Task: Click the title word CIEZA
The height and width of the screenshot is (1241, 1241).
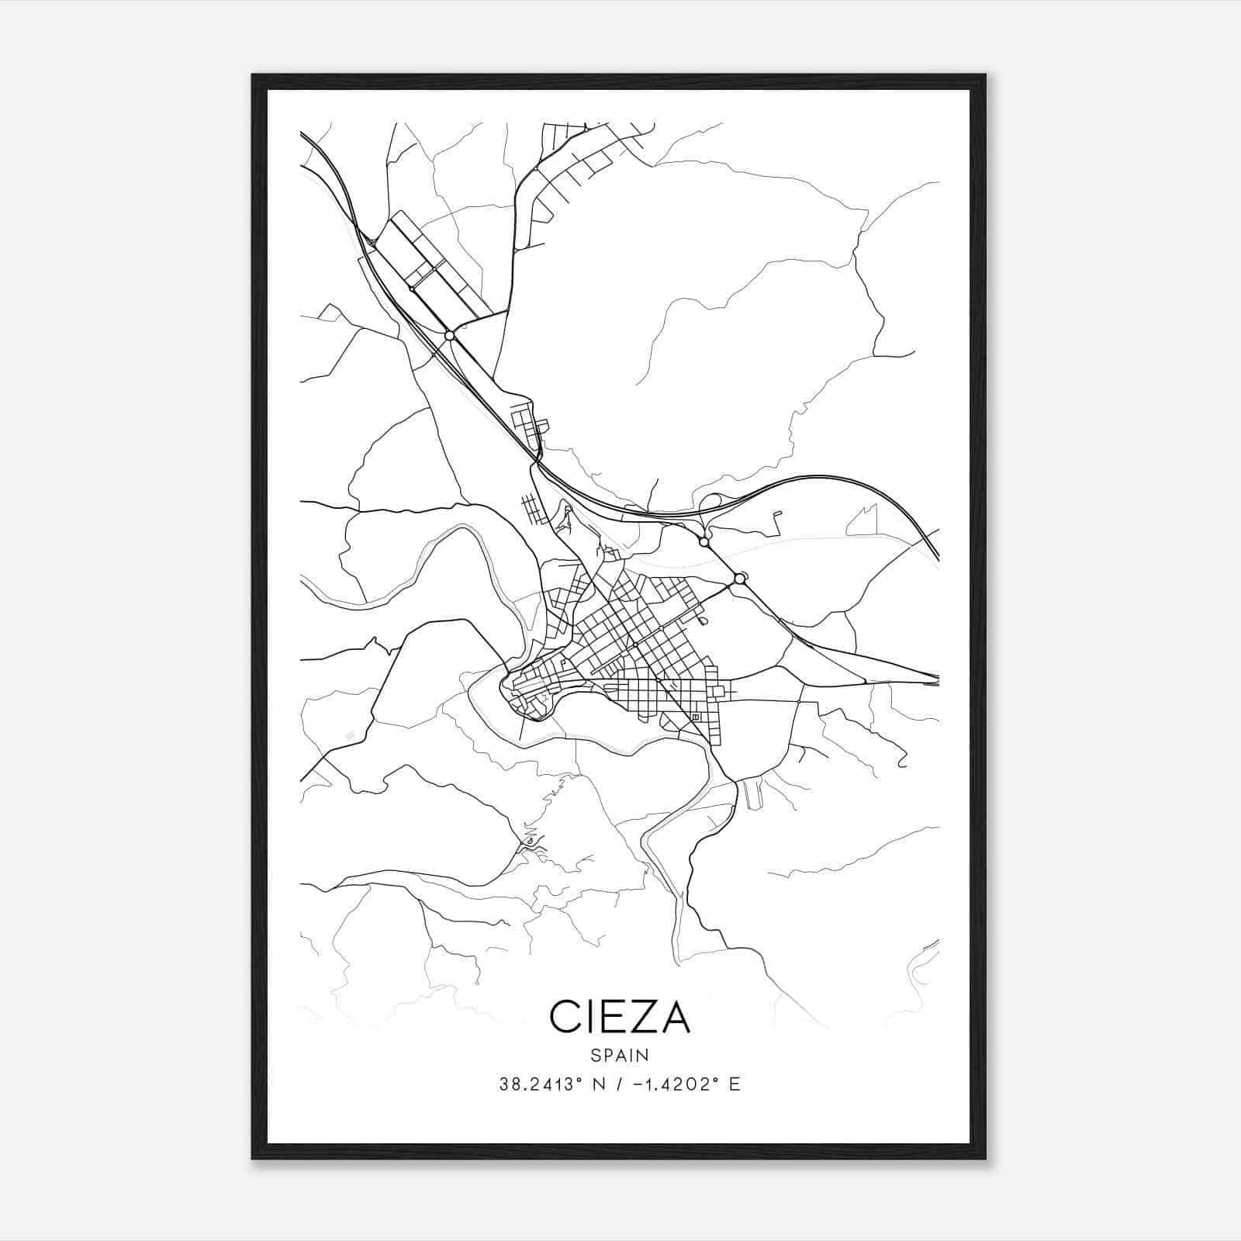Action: click(620, 1016)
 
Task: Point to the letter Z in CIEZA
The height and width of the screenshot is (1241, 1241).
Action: click(640, 1016)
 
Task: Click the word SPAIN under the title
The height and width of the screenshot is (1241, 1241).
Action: click(620, 1056)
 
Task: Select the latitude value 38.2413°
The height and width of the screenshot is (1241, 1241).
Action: click(541, 1084)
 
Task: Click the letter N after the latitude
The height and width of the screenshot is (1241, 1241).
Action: click(597, 1084)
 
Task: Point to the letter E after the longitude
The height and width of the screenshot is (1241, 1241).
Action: click(735, 1084)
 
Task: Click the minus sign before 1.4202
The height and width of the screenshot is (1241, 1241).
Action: click(637, 1084)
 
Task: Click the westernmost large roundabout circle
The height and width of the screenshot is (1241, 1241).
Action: click(449, 335)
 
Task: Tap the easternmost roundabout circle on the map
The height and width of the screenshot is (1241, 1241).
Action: click(739, 579)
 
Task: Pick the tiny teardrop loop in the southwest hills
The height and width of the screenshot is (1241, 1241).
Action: click(530, 841)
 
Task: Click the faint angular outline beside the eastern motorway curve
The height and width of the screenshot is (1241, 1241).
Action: click(862, 521)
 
